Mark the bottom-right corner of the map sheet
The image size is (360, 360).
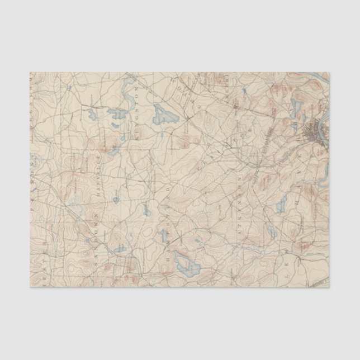[x=329, y=287]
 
